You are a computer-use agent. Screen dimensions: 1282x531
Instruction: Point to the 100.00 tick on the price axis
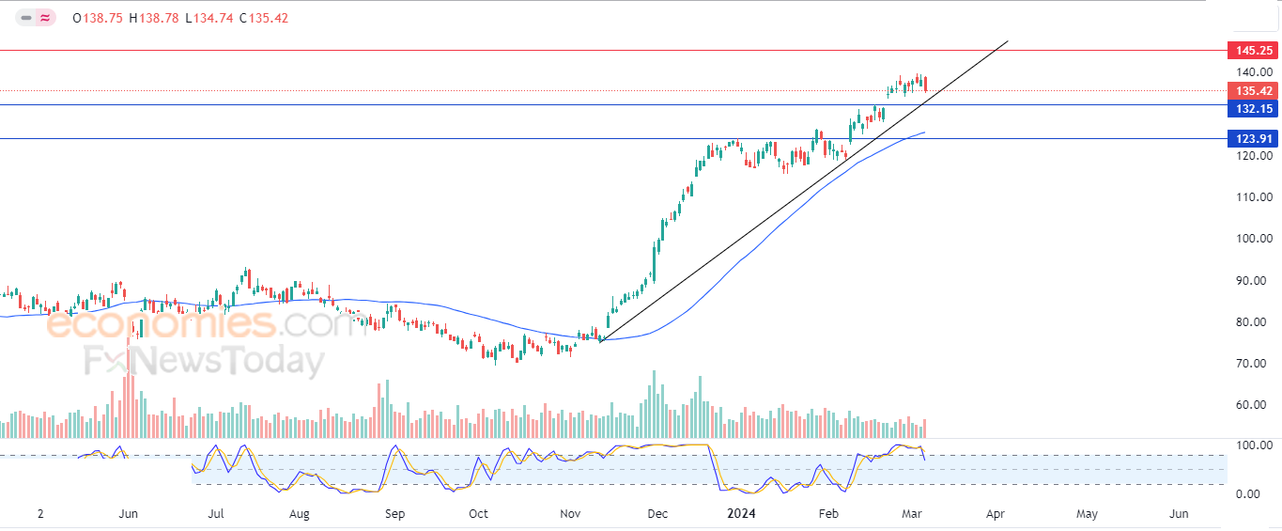(1255, 239)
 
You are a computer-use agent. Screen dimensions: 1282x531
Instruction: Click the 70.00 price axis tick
(1255, 363)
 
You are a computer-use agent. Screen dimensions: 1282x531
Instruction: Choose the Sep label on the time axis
(394, 514)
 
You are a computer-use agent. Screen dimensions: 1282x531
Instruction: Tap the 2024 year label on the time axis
(741, 514)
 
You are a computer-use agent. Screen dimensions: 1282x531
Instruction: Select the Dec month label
(657, 514)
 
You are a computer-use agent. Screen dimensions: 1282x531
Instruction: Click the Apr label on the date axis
(996, 514)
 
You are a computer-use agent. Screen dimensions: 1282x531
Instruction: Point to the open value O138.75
(98, 19)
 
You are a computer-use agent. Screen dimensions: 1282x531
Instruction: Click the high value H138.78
(153, 19)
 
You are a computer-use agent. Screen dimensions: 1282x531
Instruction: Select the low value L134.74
(209, 19)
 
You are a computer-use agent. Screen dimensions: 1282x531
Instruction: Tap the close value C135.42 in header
(264, 19)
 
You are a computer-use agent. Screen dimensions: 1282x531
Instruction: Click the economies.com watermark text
(206, 323)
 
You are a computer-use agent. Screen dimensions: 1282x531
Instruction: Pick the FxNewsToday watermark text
(205, 361)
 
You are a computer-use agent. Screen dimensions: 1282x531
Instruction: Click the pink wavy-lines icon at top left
(45, 19)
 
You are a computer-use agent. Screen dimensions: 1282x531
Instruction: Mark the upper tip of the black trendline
(1008, 41)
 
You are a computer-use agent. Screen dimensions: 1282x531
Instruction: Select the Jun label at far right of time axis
(1179, 514)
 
